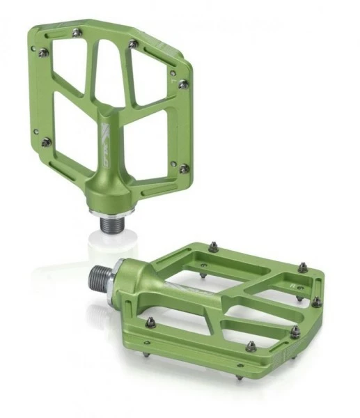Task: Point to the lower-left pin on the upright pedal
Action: point(47,142)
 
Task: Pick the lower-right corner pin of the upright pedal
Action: point(184,169)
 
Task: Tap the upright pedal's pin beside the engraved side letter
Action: point(183,84)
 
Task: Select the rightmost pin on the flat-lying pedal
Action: point(317,302)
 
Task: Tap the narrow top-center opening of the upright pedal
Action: point(109,67)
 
